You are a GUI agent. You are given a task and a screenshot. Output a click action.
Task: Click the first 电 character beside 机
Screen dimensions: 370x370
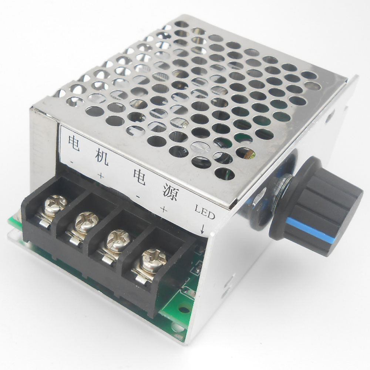click(x=73, y=142)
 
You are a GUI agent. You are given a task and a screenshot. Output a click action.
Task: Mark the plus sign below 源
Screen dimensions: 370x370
click(x=164, y=209)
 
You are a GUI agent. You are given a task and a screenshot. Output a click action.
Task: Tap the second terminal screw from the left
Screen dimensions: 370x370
click(x=86, y=222)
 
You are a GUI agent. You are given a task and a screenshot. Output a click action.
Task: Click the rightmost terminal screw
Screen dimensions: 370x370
click(x=153, y=259)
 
